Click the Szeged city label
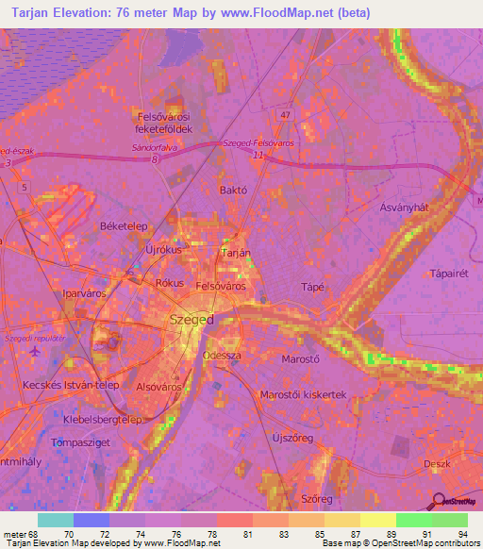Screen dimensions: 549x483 pyautogui.click(x=192, y=320)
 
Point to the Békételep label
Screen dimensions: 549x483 pyautogui.click(x=120, y=227)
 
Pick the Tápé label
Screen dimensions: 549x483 pyautogui.click(x=311, y=287)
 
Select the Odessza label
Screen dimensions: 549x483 pyautogui.click(x=222, y=356)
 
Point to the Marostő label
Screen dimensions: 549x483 pyautogui.click(x=302, y=359)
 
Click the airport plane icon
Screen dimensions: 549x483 pyautogui.click(x=36, y=352)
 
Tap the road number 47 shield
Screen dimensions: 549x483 pyautogui.click(x=285, y=114)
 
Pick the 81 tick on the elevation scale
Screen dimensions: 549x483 pyautogui.click(x=248, y=534)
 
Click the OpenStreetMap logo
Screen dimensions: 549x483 pyautogui.click(x=451, y=504)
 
